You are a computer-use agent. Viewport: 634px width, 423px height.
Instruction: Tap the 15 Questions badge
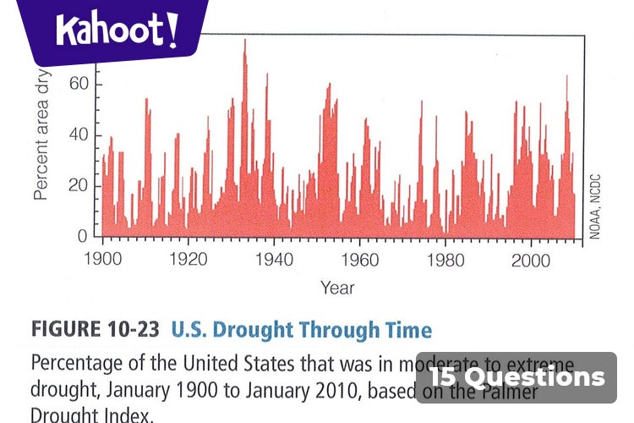pos(516,377)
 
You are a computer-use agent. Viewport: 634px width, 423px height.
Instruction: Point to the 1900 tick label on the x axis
pos(103,259)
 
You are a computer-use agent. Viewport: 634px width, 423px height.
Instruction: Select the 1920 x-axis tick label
pos(188,259)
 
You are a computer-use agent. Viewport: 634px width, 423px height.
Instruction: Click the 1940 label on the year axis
pos(274,259)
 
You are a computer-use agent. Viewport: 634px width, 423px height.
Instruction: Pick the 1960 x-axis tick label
pos(360,259)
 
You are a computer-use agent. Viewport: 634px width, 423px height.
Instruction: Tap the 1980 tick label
pos(445,259)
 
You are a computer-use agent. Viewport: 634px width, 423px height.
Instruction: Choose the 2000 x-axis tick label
pos(531,259)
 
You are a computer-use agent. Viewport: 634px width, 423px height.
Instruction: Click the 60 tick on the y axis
pos(78,85)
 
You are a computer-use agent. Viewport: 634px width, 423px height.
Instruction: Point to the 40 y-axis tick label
pos(78,135)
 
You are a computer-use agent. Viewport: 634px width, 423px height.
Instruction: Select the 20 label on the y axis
pos(78,186)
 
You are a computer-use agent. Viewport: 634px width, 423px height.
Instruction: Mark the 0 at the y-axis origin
pos(83,237)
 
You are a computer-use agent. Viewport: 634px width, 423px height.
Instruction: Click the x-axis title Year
pos(337,288)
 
